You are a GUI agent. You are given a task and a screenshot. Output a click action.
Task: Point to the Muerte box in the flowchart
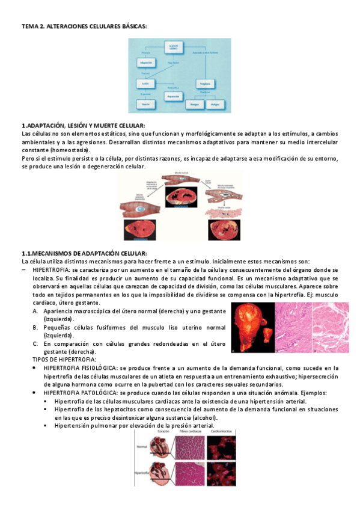click(x=145, y=103)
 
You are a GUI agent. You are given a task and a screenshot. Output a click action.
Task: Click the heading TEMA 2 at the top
click(x=84, y=26)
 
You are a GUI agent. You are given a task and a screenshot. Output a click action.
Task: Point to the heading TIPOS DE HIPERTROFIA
click(x=64, y=359)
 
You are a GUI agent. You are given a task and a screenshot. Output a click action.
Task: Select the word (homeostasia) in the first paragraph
click(x=66, y=150)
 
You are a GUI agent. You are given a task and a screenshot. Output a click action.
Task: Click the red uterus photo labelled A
click(x=253, y=326)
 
